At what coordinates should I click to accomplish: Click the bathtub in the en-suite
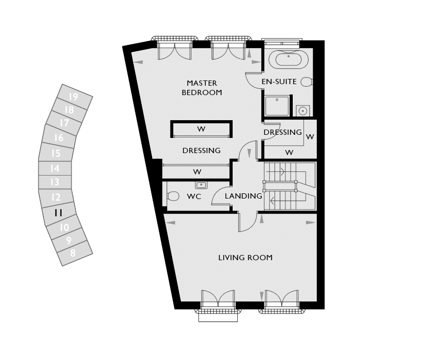[289, 60]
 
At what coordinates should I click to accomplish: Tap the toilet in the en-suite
[307, 82]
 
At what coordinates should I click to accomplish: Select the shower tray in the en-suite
[277, 106]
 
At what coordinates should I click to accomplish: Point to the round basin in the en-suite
[303, 110]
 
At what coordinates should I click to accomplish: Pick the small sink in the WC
[201, 185]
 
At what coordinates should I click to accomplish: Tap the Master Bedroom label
[202, 88]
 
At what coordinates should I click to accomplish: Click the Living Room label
[245, 258]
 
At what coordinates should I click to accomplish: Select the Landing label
[244, 196]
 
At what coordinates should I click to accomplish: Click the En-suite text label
[279, 82]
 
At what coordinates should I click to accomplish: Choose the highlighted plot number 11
[59, 213]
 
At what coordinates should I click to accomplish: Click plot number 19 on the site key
[73, 97]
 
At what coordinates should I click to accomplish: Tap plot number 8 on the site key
[73, 253]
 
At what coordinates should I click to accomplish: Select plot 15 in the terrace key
[56, 153]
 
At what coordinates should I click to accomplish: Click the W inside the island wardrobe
[201, 129]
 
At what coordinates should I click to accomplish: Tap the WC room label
[194, 196]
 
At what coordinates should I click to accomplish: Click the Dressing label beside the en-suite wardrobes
[283, 132]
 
